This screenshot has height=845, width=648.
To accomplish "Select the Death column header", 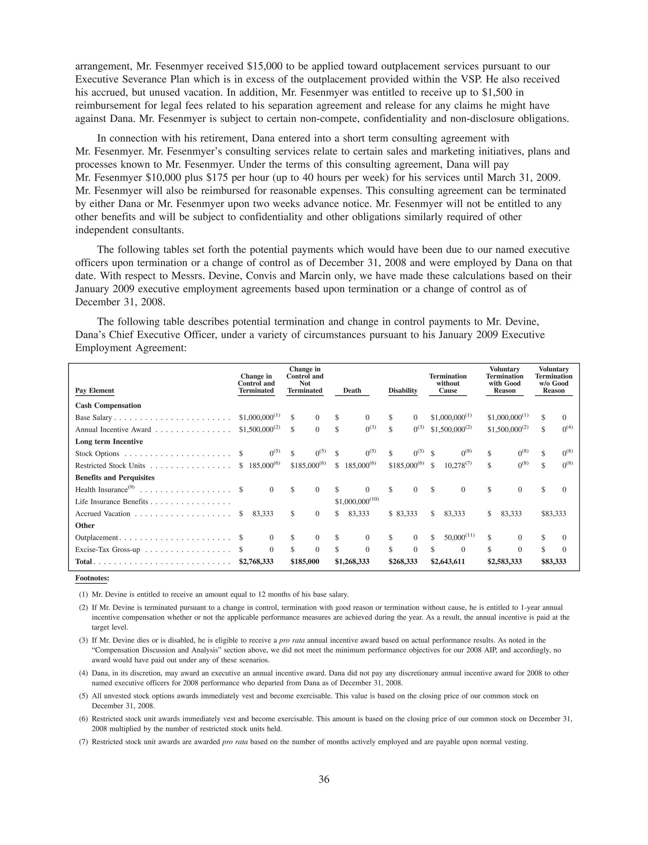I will [352, 390].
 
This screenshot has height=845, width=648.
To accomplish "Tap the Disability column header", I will [403, 390].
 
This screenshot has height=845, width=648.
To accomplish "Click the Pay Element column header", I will [95, 390].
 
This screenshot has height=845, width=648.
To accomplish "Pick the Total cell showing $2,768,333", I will [256, 561].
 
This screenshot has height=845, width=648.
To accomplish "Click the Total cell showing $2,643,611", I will [447, 561].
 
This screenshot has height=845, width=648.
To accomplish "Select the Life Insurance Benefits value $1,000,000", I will [353, 501].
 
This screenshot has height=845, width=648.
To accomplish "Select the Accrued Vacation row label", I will [103, 514].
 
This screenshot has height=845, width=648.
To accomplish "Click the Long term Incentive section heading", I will [109, 441].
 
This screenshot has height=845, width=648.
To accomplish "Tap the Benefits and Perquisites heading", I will [115, 478].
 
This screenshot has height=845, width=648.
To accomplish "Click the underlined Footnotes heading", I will [92, 578].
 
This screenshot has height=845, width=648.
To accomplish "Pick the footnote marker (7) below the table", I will [83, 741].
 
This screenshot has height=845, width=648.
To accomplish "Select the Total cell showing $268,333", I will [403, 561].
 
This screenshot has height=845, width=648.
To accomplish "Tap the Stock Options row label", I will [97, 454].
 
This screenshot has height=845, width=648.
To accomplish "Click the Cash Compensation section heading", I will [108, 406].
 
